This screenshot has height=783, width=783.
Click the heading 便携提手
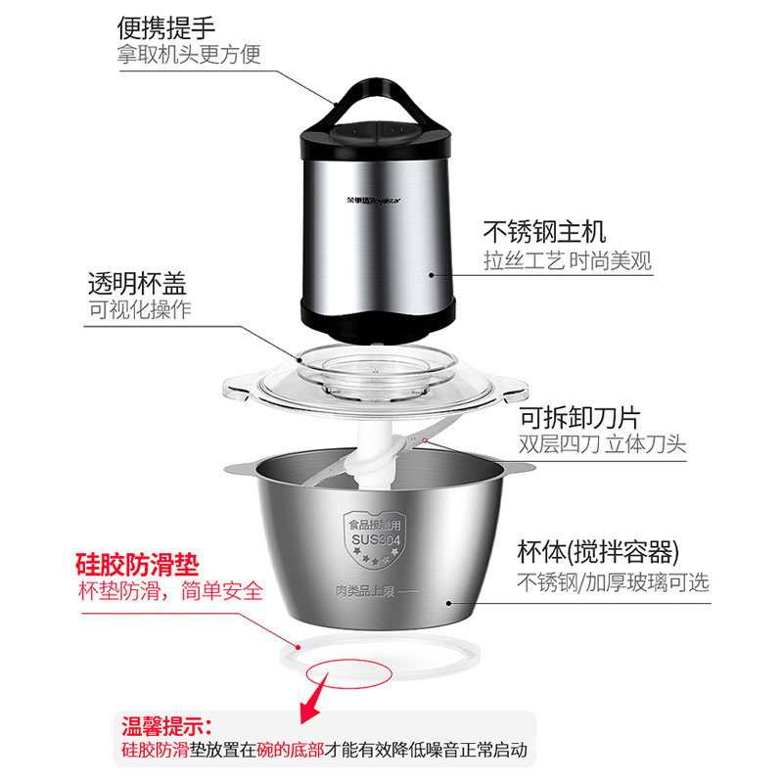(x=165, y=28)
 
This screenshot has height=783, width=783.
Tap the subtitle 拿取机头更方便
(x=189, y=55)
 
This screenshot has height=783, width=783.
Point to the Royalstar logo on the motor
(x=374, y=201)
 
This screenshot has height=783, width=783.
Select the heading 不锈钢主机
(x=544, y=231)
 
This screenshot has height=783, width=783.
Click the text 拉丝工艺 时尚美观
(x=568, y=260)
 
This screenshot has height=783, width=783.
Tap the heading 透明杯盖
(x=137, y=284)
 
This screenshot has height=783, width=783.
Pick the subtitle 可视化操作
(x=140, y=309)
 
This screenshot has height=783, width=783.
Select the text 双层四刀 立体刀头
(x=602, y=444)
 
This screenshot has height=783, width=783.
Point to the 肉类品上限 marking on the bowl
(x=366, y=591)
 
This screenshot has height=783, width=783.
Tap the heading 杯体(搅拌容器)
(x=598, y=552)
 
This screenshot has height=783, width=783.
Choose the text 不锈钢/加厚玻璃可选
(x=614, y=582)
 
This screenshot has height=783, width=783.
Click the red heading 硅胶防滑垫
(x=137, y=565)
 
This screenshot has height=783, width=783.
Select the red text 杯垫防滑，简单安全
(x=170, y=591)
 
